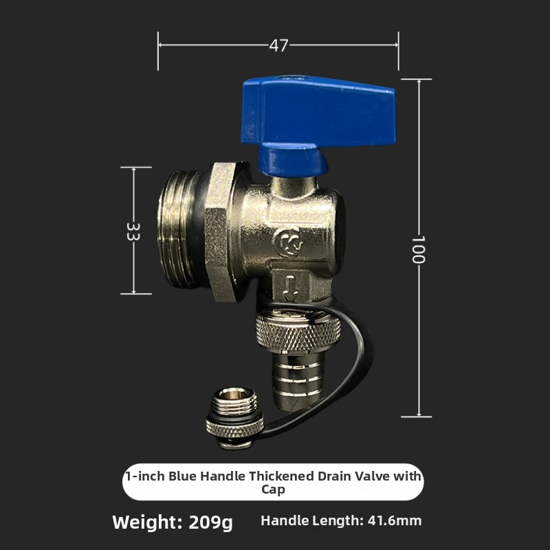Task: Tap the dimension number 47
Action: pyautogui.click(x=279, y=45)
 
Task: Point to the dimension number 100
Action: pyautogui.click(x=418, y=250)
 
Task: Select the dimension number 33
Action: pyautogui.click(x=133, y=232)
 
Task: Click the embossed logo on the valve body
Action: pyautogui.click(x=289, y=243)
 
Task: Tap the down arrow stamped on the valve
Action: pyautogui.click(x=290, y=288)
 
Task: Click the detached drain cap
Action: pyautogui.click(x=234, y=418)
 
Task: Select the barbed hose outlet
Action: pyautogui.click(x=298, y=382)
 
